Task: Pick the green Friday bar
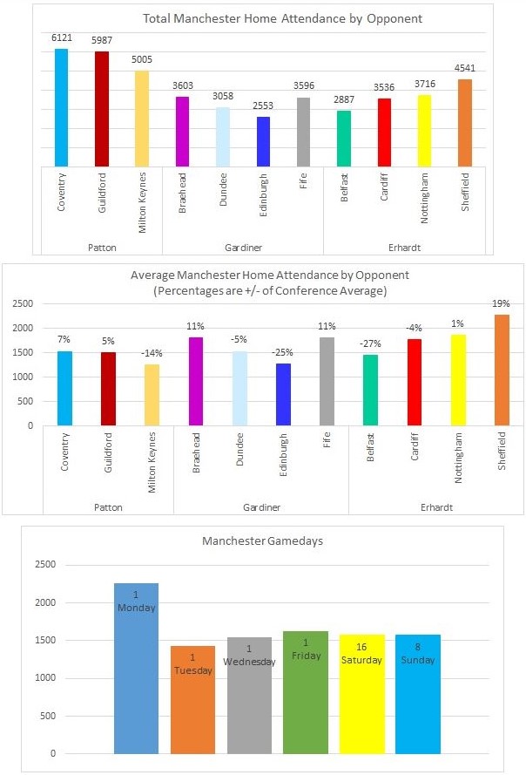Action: [305, 692]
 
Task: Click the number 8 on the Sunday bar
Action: [417, 648]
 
